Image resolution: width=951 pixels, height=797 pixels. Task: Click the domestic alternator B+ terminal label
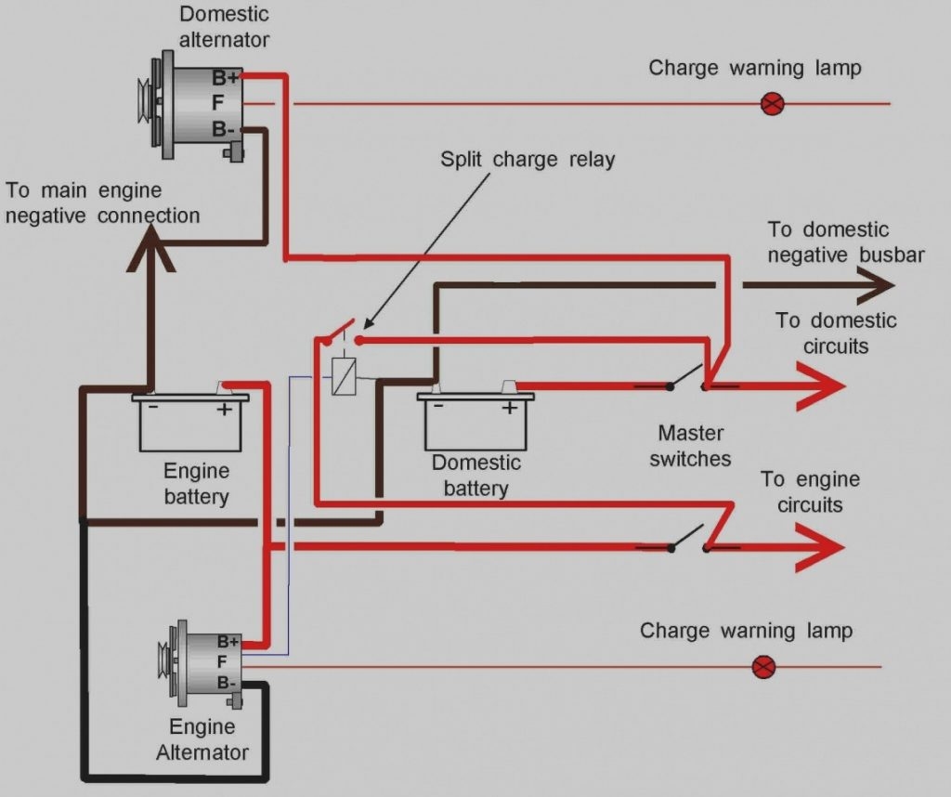pyautogui.click(x=226, y=78)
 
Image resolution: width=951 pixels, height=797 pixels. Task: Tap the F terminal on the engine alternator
pyautogui.click(x=222, y=662)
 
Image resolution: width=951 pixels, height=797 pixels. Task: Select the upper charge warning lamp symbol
pyautogui.click(x=772, y=103)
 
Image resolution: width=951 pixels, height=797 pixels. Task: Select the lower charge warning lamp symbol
pyautogui.click(x=763, y=666)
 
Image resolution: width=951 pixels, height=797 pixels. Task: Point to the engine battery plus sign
pyautogui.click(x=224, y=410)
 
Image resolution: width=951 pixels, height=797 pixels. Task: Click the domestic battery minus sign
pyautogui.click(x=438, y=407)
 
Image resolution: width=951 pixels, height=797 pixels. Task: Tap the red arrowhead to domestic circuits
pyautogui.click(x=822, y=385)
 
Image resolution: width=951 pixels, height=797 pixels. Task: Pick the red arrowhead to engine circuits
pyautogui.click(x=822, y=547)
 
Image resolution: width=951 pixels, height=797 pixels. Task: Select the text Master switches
pyautogui.click(x=690, y=445)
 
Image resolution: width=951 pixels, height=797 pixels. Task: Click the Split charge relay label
pyautogui.click(x=527, y=160)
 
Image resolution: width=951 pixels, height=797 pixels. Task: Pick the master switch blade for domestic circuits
pyautogui.click(x=687, y=374)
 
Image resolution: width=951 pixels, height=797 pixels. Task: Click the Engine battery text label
pyautogui.click(x=196, y=483)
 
